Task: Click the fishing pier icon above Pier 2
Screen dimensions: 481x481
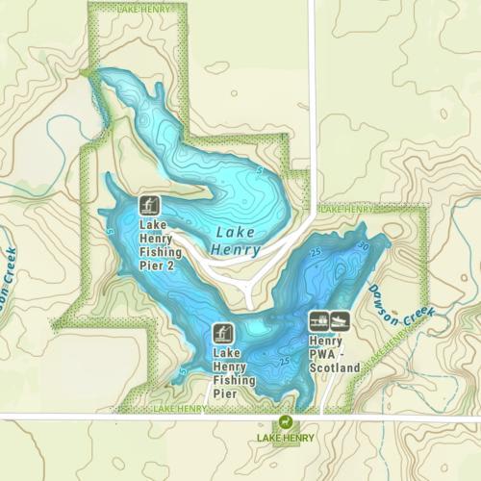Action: tap(150, 205)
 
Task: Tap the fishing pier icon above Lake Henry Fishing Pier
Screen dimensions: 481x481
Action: tap(222, 334)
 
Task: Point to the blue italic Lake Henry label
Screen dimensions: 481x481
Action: tap(234, 240)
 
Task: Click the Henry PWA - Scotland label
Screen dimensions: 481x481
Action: tap(334, 353)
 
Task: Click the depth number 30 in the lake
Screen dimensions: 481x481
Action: tap(362, 246)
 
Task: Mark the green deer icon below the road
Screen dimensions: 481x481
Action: tap(285, 422)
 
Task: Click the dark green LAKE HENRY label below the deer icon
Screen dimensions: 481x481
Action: tap(285, 439)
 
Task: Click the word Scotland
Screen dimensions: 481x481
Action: tap(335, 367)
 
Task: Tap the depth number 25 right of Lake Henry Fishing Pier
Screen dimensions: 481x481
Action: tap(283, 361)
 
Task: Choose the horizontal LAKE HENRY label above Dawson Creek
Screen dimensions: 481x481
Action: tap(347, 209)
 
